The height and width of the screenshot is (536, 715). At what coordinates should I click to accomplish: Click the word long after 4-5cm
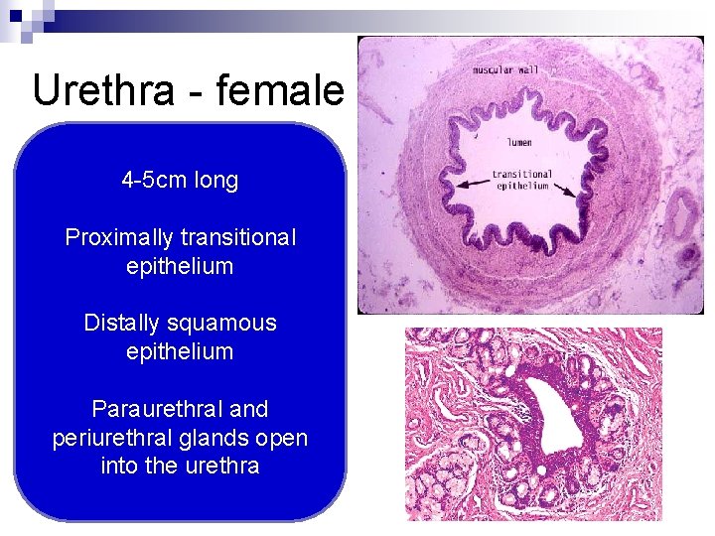pos(215,181)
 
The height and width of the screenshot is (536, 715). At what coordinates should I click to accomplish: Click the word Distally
pos(123,324)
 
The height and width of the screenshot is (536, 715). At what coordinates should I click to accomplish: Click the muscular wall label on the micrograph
pos(506,70)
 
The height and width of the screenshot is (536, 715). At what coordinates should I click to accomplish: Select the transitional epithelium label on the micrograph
pos(521,181)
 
